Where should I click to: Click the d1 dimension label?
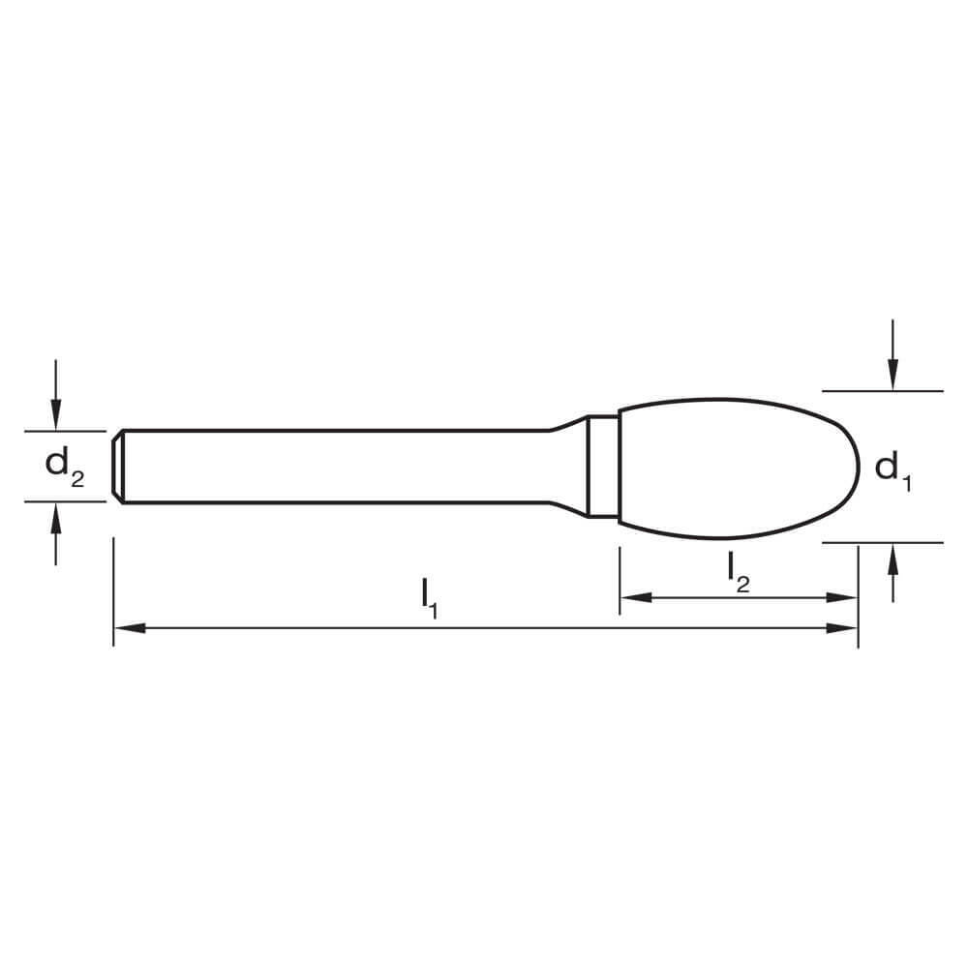pyautogui.click(x=892, y=469)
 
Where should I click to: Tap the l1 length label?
pyautogui.click(x=430, y=597)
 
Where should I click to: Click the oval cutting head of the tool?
pyautogui.click(x=736, y=467)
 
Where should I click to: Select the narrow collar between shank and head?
pyautogui.click(x=603, y=467)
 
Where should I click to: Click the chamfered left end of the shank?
pyautogui.click(x=117, y=467)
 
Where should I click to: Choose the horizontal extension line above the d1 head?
pyautogui.click(x=881, y=391)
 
